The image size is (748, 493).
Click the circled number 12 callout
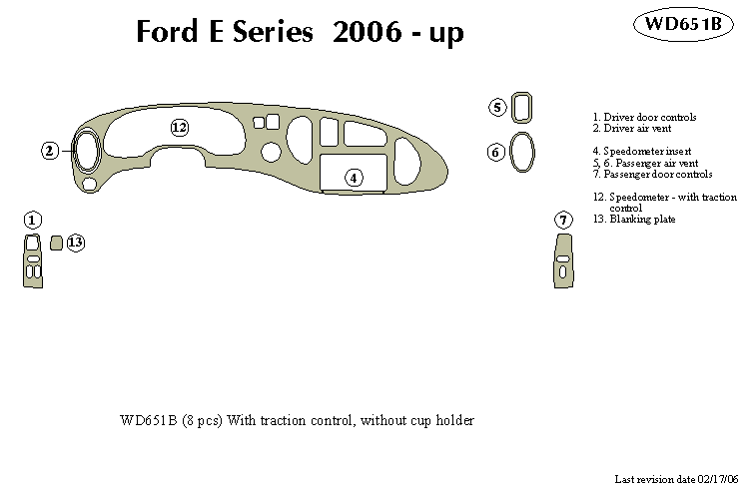coord(179,128)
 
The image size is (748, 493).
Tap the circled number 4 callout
coord(353,178)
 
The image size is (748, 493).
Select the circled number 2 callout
coord(50,151)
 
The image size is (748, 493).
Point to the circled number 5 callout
coord(497,107)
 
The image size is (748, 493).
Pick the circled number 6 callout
coord(496,153)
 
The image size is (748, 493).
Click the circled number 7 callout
coord(563,220)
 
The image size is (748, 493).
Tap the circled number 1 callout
coord(32,220)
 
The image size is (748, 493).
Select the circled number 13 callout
coord(76,242)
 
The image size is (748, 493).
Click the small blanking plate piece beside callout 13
coord(56,242)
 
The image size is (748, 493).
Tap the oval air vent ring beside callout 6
coord(522,153)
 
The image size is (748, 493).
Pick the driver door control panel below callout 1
coord(33,261)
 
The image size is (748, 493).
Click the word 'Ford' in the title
coord(170,33)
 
